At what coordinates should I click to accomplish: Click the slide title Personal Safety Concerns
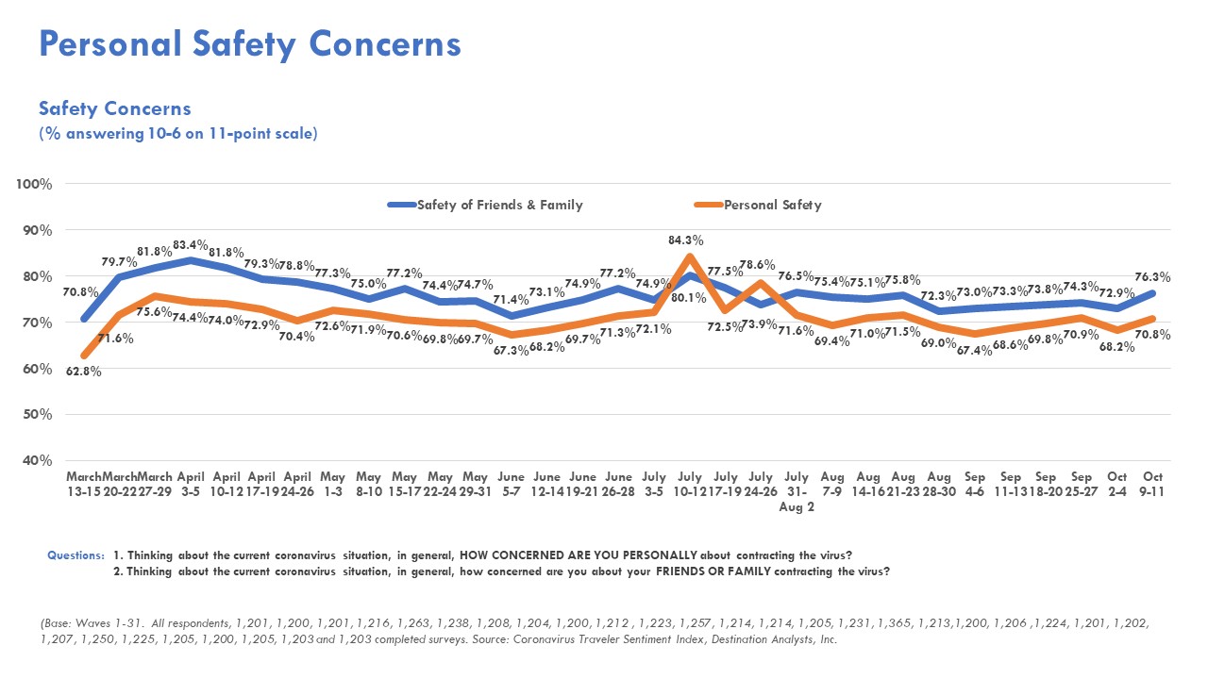coord(250,44)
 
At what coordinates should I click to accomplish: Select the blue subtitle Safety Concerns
coord(115,108)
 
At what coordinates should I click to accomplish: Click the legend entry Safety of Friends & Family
coord(485,205)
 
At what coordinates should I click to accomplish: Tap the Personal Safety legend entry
coord(758,205)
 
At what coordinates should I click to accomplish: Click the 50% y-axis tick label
coord(38,414)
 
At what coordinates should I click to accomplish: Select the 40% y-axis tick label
coord(38,461)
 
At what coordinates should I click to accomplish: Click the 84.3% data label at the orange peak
coord(686,240)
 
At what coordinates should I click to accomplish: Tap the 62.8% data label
coord(84,372)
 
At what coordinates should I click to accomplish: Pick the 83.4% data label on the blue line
coord(191,245)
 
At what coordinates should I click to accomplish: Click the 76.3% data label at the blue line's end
coord(1152,277)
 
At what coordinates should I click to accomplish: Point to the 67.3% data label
coord(511,351)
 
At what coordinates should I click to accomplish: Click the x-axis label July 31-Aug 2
coord(797,492)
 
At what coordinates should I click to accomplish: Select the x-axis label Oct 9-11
coord(1153,485)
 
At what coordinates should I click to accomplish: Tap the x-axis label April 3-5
coord(191,485)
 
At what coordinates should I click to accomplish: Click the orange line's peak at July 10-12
coord(689,256)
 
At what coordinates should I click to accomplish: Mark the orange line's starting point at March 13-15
coord(84,356)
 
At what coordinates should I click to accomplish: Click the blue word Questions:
coord(76,555)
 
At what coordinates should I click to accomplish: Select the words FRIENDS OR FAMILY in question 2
coord(713,571)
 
